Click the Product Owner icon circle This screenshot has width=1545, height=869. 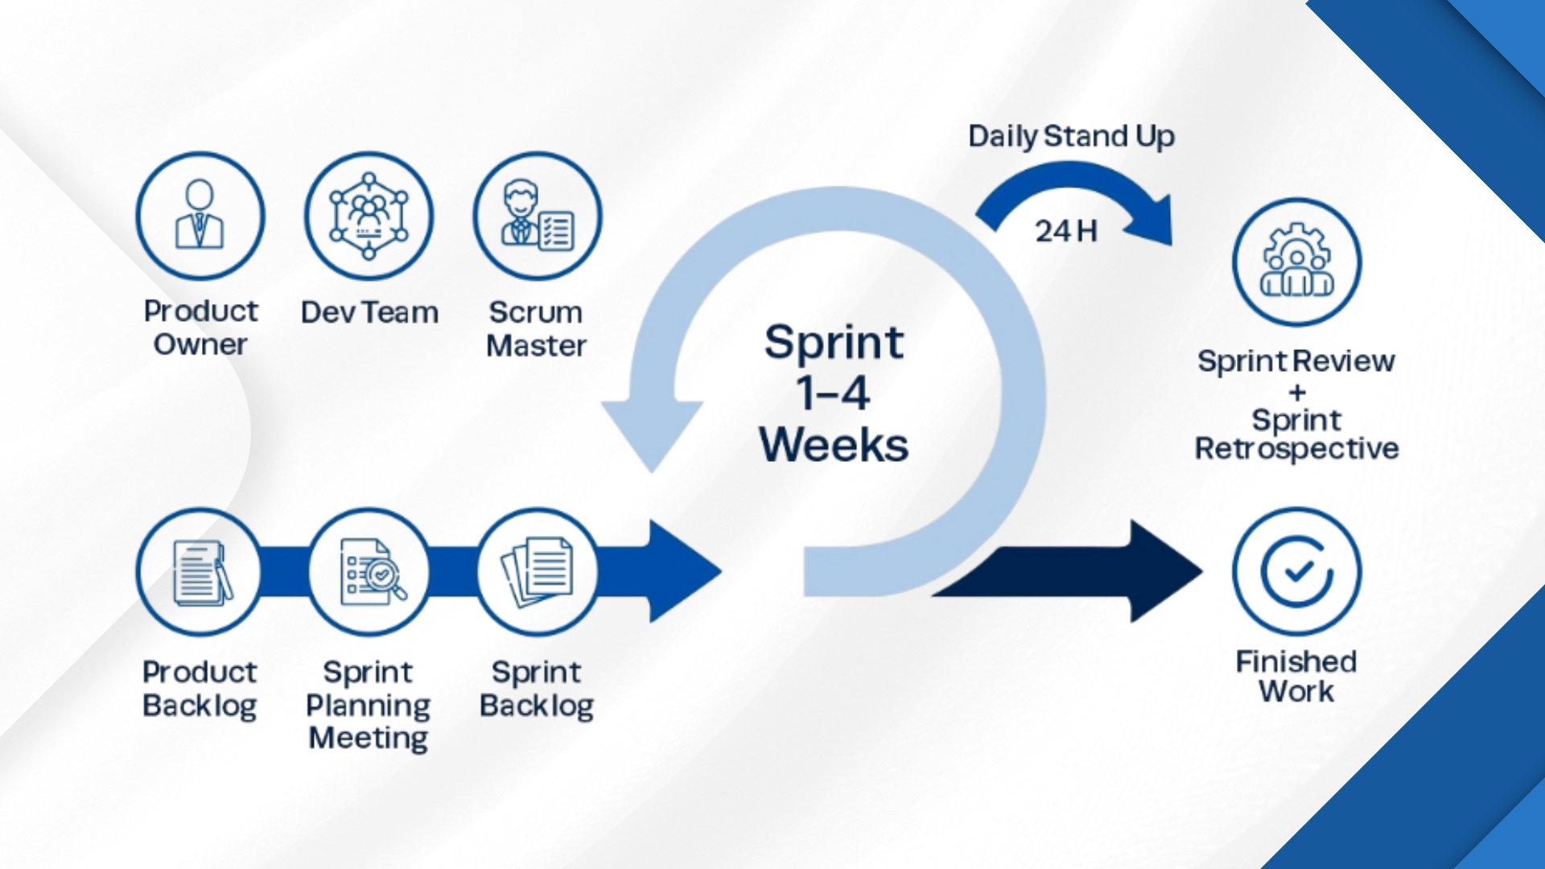point(200,216)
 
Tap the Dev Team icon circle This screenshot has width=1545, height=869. point(369,216)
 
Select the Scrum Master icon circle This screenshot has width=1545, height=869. point(538,216)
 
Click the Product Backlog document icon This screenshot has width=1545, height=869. point(200,572)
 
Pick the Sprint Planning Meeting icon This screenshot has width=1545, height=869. point(369,572)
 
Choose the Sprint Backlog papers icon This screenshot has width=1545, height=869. point(538,572)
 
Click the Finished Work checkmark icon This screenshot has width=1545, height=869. point(1296,571)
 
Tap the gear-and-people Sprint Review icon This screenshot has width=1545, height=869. point(1296,262)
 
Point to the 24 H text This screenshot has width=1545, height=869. point(1065,232)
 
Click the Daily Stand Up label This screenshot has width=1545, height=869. point(1071,137)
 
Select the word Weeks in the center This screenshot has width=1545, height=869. point(834,445)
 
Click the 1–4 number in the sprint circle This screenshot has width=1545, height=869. point(834,394)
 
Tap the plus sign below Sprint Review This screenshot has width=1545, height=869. point(1296,393)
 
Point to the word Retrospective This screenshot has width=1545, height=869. point(1296,449)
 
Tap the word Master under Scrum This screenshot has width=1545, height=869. point(536,346)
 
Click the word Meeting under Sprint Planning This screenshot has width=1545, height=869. point(369,738)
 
